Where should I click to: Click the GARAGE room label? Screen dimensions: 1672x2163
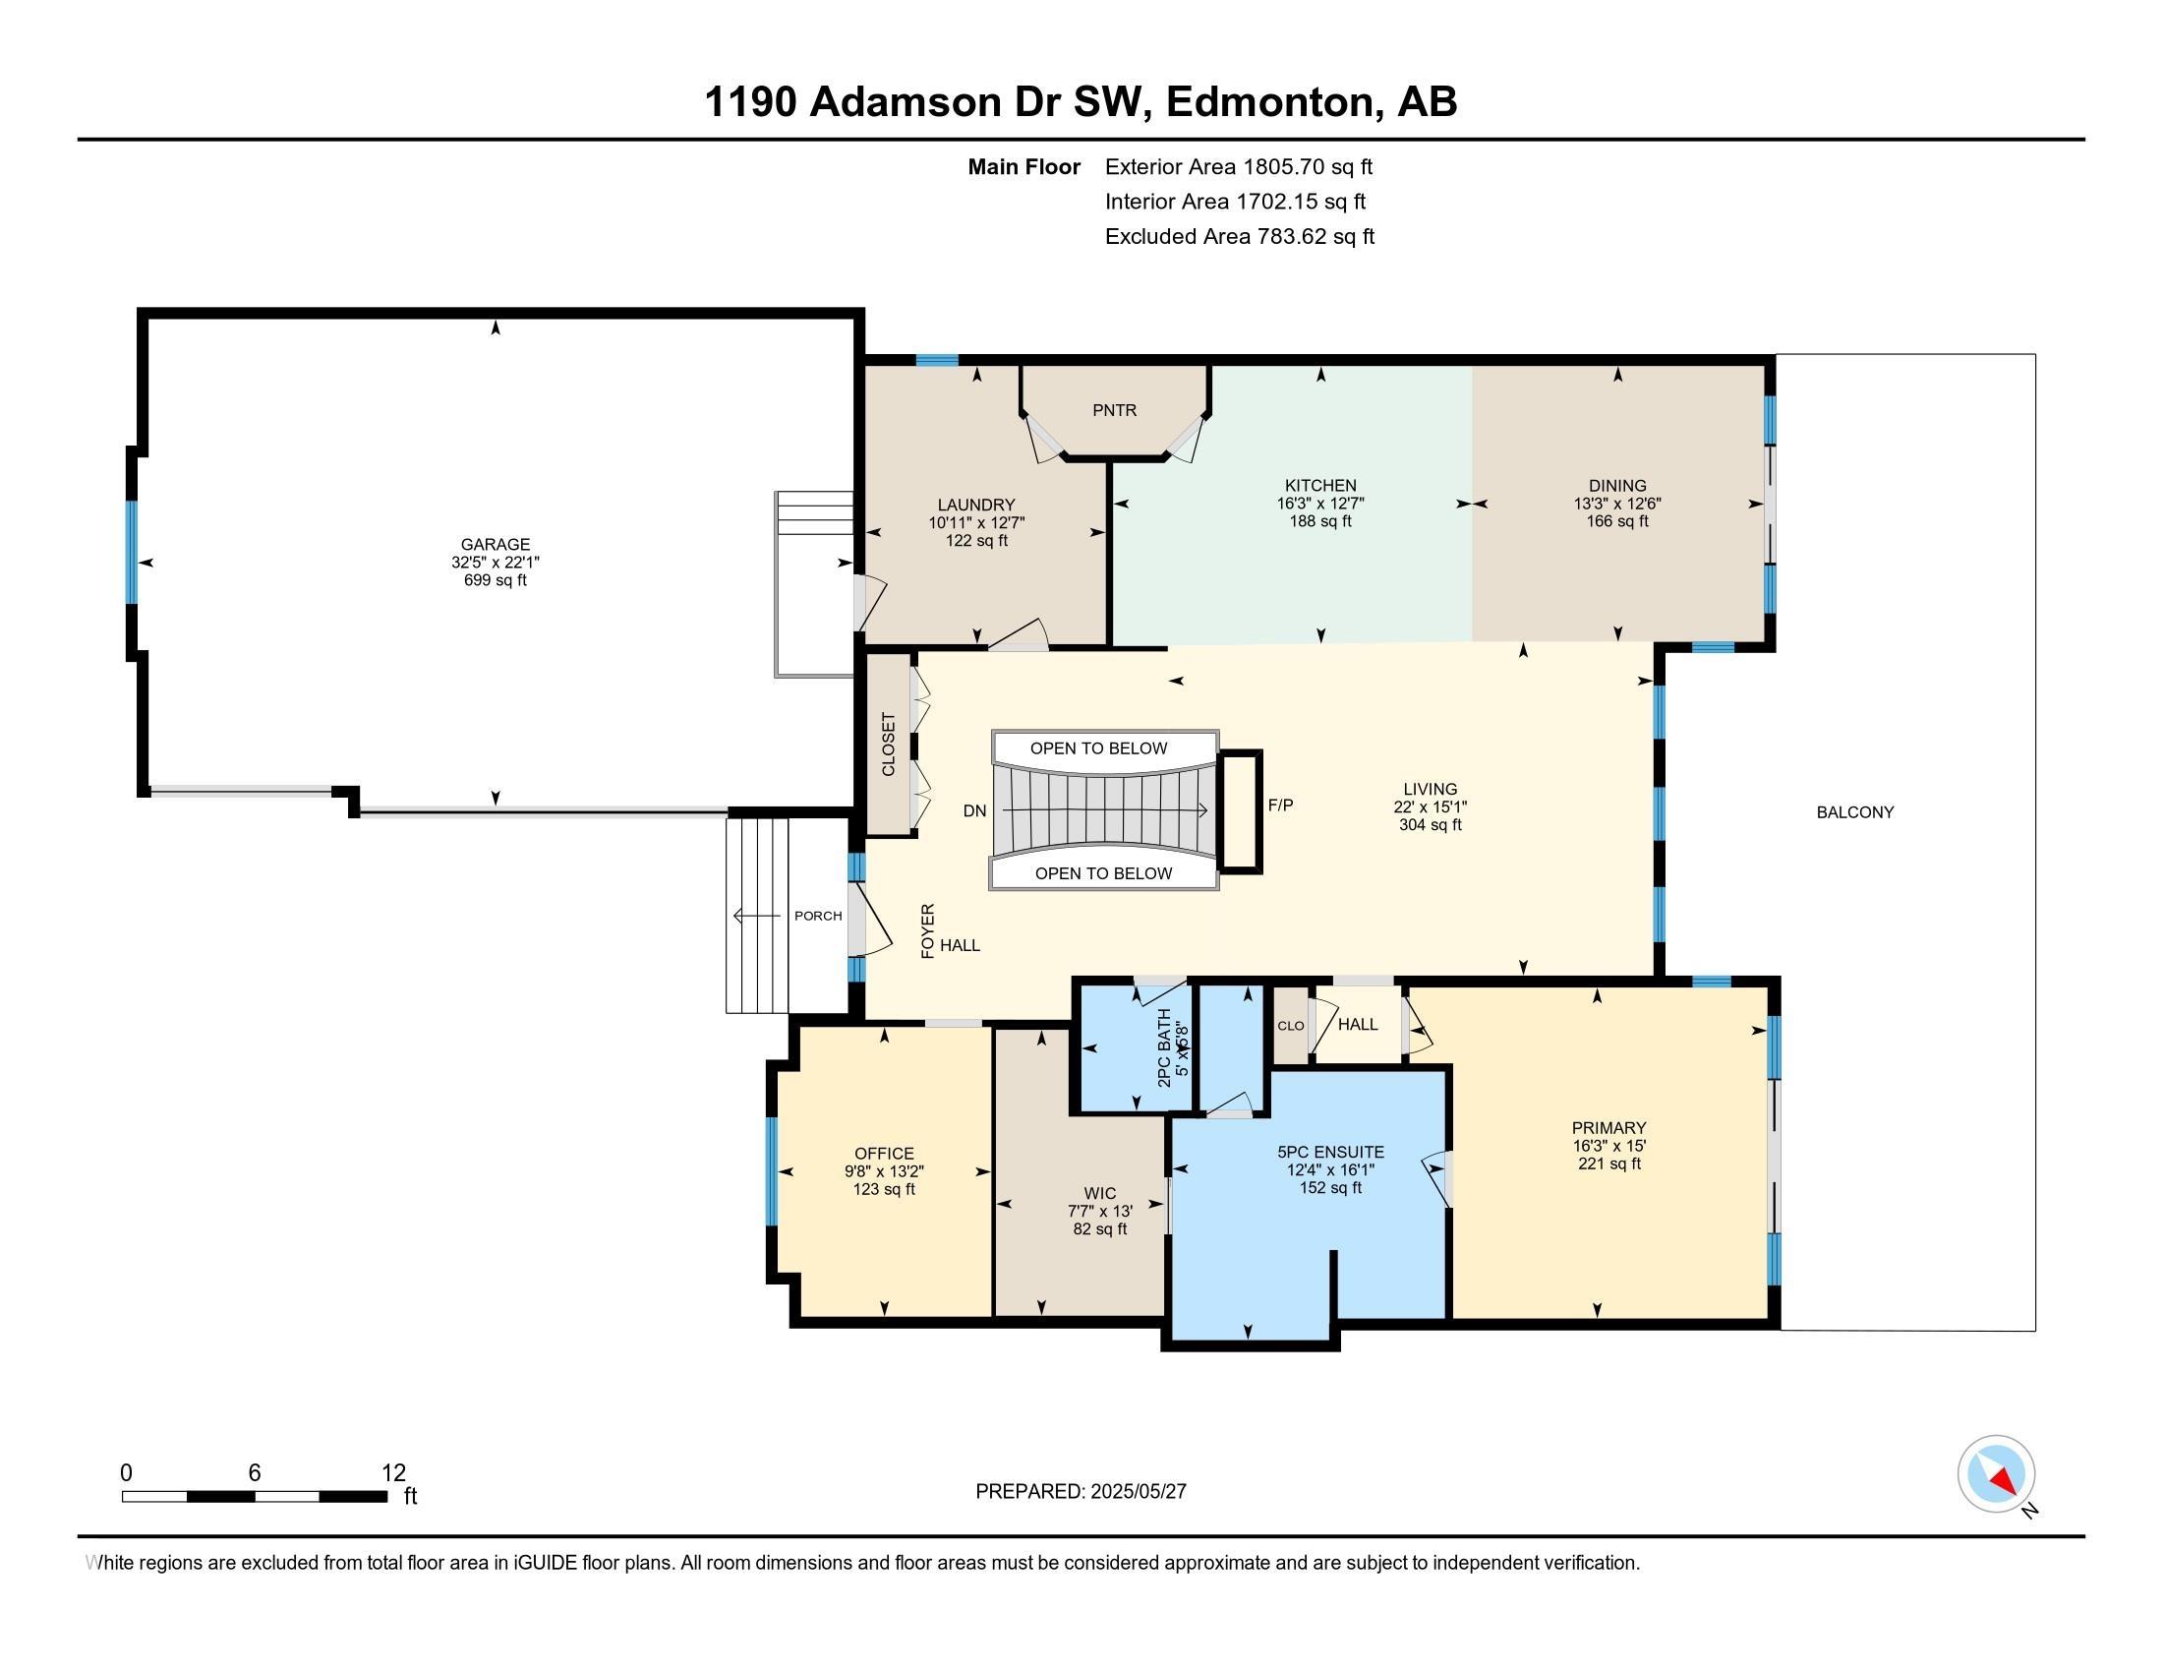[496, 544]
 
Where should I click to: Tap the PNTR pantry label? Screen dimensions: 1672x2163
[1114, 410]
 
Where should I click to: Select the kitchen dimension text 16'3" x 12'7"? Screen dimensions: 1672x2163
[1320, 504]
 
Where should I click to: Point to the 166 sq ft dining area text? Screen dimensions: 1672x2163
[1617, 521]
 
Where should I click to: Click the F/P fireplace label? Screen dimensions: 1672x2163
[1280, 806]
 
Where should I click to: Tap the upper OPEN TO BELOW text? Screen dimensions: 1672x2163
[1098, 747]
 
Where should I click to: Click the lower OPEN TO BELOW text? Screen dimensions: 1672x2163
[1103, 872]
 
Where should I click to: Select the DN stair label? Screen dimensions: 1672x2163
[974, 810]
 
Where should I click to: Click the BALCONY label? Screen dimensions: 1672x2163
[1855, 812]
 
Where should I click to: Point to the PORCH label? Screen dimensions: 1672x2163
[818, 916]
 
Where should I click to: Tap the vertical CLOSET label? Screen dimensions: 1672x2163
[889, 745]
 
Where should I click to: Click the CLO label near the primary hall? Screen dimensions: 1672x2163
[1291, 1026]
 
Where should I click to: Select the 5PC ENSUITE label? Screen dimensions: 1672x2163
[1330, 1152]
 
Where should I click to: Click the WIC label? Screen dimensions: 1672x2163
[1099, 1194]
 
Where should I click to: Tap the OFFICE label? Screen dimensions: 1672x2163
[885, 1153]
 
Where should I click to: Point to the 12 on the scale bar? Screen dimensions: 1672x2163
[393, 1473]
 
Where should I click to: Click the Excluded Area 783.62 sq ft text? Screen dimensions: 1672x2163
[1239, 236]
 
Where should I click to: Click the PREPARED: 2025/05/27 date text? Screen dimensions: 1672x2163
[1081, 1491]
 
